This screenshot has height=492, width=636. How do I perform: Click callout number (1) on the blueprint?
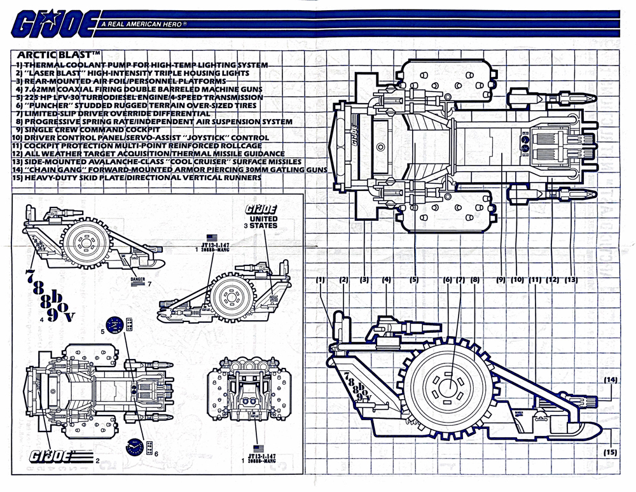(x=321, y=279)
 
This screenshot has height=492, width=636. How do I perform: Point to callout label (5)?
(x=414, y=279)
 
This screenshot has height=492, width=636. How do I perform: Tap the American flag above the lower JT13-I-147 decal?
(x=258, y=447)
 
